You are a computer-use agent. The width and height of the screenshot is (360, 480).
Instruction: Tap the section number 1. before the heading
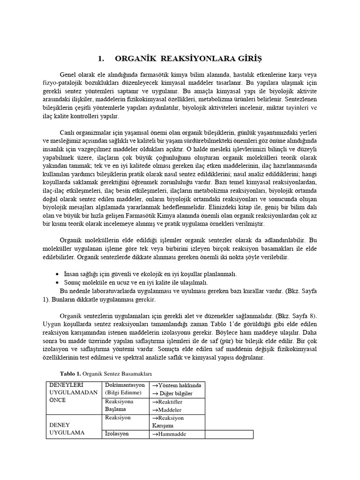point(101,59)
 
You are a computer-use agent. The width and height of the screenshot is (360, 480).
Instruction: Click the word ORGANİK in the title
point(135,59)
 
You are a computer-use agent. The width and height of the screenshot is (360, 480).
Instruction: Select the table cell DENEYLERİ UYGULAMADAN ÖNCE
point(74,393)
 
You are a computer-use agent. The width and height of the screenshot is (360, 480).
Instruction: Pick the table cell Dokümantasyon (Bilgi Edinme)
point(125,389)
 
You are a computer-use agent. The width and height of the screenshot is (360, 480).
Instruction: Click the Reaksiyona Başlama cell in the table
point(120,405)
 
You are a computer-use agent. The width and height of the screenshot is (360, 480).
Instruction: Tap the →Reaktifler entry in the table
point(166,402)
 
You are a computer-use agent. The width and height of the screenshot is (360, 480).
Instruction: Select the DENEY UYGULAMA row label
point(67,428)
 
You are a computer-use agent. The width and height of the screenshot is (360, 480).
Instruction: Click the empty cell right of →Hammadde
point(229,434)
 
